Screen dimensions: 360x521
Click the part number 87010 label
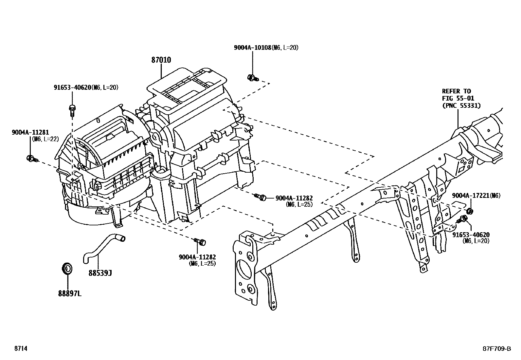pos(161,60)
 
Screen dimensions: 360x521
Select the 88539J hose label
pos(100,273)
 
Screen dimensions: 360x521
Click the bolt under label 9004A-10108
pos(252,78)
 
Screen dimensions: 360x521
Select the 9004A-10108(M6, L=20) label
pos(266,47)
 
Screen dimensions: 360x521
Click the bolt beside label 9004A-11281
pos(32,159)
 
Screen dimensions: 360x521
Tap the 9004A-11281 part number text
pos(30,132)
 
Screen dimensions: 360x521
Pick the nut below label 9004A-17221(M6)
pos(469,210)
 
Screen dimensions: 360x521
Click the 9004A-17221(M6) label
pos(476,196)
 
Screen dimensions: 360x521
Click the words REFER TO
pos(456,91)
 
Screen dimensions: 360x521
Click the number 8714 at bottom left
pos(20,349)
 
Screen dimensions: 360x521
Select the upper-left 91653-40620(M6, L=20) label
pos(86,87)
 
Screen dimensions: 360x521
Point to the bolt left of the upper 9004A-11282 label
pos(261,197)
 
